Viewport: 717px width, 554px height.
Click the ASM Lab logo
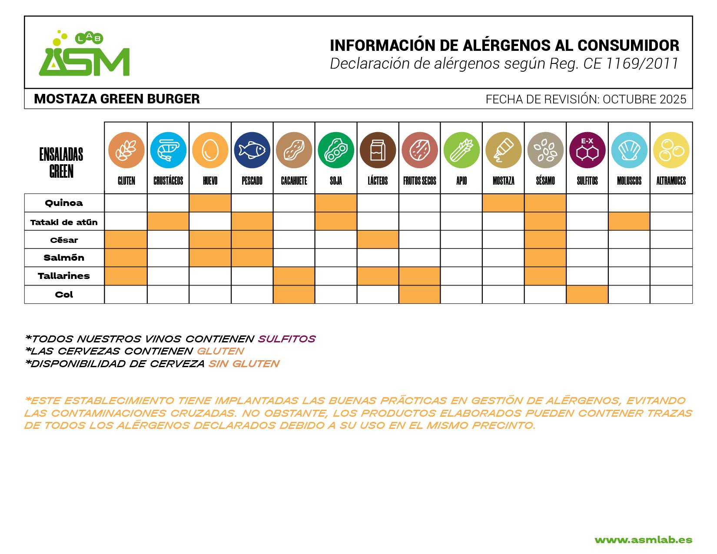pos(84,54)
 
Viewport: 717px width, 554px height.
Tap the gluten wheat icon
pos(126,150)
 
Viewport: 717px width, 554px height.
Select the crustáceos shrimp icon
pos(168,150)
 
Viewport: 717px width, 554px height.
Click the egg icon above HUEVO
pos(210,150)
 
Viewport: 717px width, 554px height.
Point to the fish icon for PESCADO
pos(252,150)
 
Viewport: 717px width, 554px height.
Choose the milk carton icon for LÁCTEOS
pos(378,150)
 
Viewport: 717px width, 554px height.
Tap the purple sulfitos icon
pos(587,150)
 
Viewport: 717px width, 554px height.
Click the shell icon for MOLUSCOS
pos(629,150)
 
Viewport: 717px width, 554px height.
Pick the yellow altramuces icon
pos(671,150)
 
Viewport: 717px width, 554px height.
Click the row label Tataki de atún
pos(64,222)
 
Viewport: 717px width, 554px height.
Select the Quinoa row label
pos(64,203)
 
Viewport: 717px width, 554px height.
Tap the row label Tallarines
pos(64,276)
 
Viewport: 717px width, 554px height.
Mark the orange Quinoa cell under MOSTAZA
pos(503,203)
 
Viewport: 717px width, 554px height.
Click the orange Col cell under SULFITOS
pos(587,295)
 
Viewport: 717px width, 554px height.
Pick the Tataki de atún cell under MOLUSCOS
pos(629,222)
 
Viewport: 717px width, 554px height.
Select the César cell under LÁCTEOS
pos(378,240)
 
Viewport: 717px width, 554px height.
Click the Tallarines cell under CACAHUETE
pos(294,276)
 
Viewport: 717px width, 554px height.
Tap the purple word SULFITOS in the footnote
pos(287,339)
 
